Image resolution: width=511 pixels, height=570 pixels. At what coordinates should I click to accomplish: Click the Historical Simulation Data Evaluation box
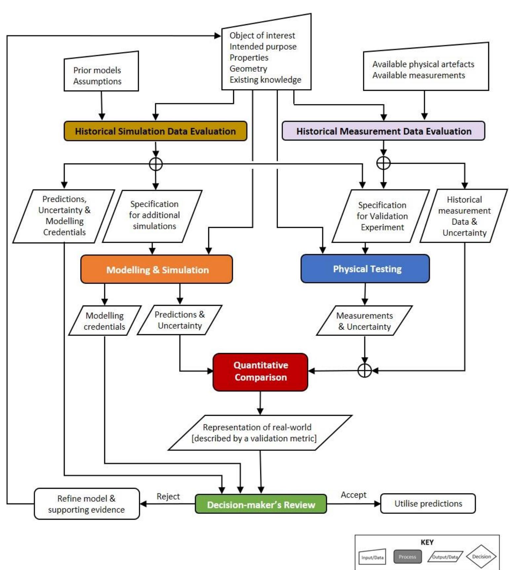155,131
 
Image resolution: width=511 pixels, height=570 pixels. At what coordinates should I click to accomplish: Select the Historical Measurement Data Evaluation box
383,131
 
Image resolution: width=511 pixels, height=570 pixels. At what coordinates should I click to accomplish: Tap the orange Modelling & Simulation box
157,269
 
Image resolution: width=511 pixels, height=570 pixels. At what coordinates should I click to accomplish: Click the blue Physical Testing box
365,269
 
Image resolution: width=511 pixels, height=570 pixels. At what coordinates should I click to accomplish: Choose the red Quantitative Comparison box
260,372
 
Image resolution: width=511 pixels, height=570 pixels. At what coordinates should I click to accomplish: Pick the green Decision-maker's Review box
261,504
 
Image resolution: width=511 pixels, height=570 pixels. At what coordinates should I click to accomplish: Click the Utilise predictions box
428,504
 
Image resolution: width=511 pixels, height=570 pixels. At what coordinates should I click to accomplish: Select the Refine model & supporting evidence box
87,504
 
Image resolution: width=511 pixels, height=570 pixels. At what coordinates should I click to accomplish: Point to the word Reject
168,496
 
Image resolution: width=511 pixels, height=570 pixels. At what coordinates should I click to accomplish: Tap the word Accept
354,495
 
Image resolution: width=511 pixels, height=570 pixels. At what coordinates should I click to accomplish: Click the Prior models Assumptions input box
101,72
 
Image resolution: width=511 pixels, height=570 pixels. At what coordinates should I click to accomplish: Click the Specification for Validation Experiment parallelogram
381,216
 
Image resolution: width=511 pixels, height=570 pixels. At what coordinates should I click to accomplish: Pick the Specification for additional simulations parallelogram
152,216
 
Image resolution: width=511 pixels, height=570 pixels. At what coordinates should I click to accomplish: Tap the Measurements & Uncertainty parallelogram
365,321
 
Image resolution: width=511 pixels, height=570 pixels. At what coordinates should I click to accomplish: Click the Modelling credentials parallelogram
105,321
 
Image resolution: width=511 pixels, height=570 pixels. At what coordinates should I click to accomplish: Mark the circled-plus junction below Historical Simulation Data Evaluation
156,164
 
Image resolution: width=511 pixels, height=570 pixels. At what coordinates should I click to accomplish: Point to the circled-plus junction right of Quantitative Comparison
365,371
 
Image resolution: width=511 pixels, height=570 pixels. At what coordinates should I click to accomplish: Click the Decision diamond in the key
481,556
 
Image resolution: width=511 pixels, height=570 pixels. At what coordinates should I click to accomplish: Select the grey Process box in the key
408,556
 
